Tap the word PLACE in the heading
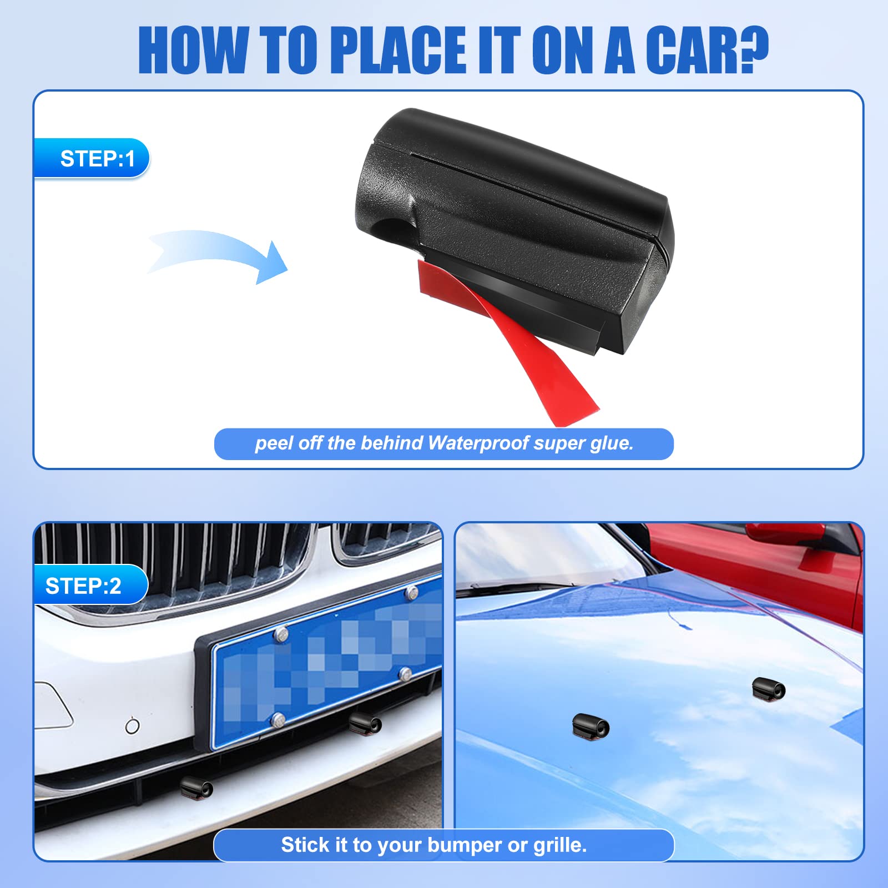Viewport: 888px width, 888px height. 398,50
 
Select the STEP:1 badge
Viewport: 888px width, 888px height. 92,159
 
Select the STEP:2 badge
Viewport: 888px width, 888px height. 91,586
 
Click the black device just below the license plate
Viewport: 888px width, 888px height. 365,724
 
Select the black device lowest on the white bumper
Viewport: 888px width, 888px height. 197,787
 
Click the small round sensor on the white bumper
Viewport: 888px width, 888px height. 132,725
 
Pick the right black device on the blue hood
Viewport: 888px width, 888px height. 769,689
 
